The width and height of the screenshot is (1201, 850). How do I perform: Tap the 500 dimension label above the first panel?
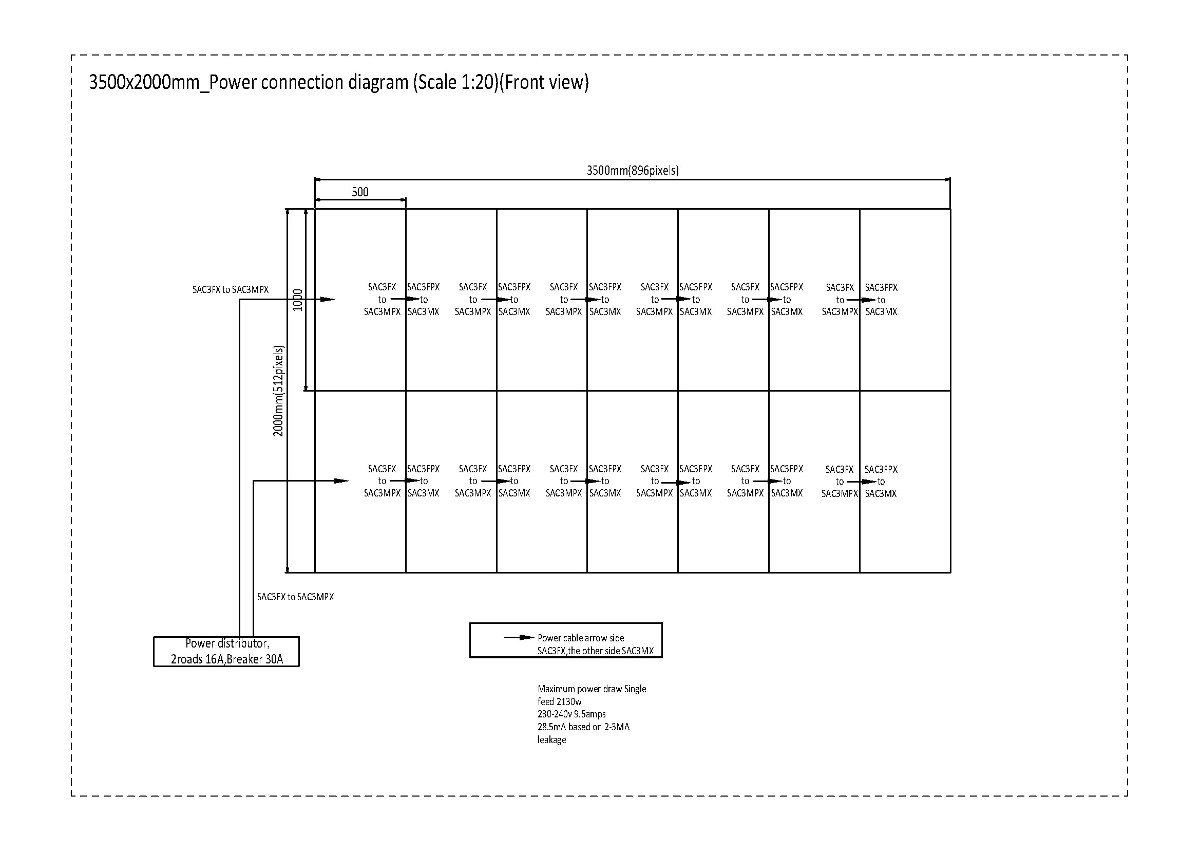tap(360, 192)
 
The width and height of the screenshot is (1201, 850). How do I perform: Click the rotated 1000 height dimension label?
tap(298, 300)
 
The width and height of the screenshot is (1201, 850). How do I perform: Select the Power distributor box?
tap(226, 651)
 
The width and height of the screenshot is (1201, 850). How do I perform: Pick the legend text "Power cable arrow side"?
tap(581, 638)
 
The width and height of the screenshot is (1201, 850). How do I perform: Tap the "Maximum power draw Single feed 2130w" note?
tap(591, 695)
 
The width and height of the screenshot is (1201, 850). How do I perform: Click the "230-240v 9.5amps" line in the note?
tap(571, 714)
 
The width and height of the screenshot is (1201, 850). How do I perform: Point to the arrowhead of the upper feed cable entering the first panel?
tap(328, 300)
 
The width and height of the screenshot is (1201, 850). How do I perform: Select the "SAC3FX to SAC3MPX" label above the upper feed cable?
tap(230, 289)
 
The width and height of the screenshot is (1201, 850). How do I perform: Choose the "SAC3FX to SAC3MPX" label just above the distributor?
tap(295, 597)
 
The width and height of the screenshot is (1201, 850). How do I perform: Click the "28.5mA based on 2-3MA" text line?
tap(583, 727)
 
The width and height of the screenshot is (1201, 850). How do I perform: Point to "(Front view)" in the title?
tap(544, 83)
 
